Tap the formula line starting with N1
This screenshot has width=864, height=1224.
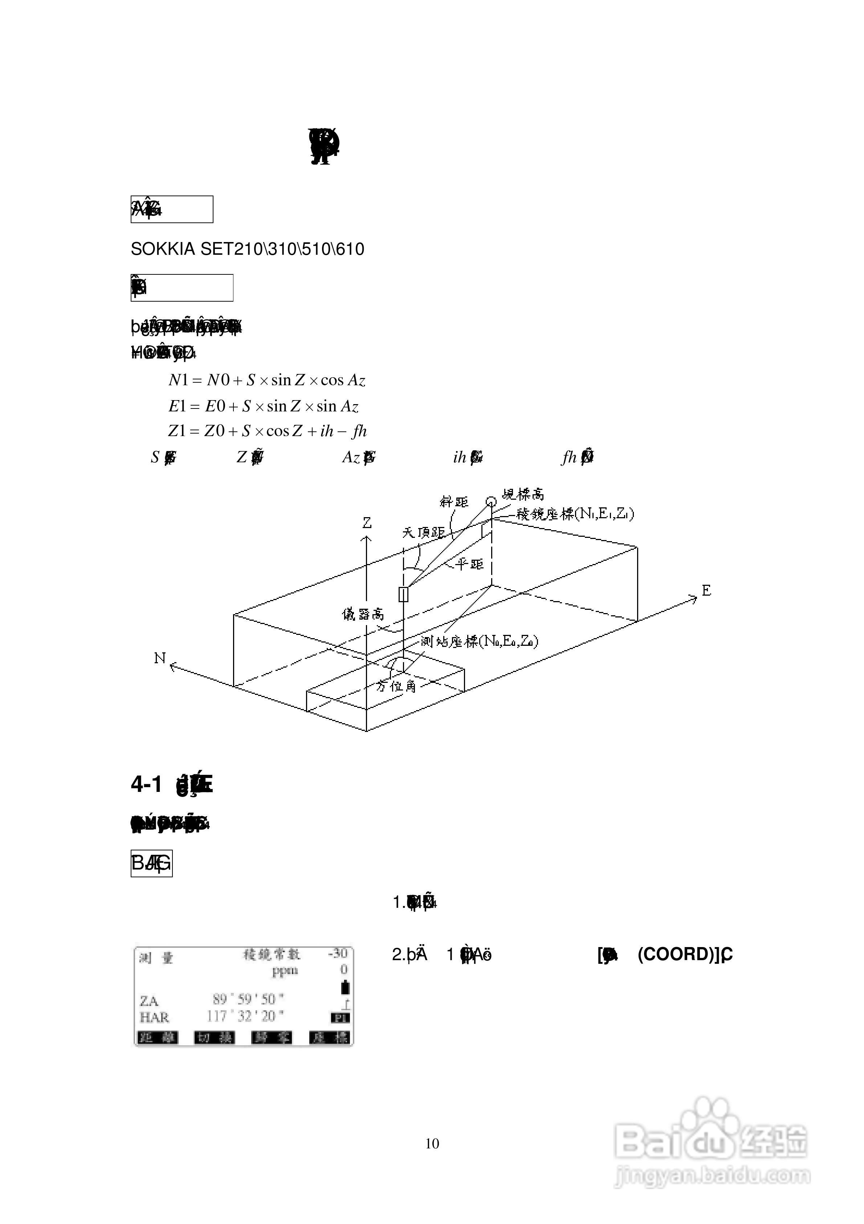coord(266,380)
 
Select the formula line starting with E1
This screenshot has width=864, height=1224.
coord(263,406)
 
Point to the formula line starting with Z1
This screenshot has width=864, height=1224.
coord(268,431)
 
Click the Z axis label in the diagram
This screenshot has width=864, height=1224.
coord(367,523)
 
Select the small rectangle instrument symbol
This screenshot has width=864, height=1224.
coord(404,594)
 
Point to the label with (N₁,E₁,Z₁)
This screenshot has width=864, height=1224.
coord(575,514)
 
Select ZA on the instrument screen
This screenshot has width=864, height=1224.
coord(149,1000)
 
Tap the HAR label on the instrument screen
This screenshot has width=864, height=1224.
coord(155,1017)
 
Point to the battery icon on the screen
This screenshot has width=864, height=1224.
coord(345,987)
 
